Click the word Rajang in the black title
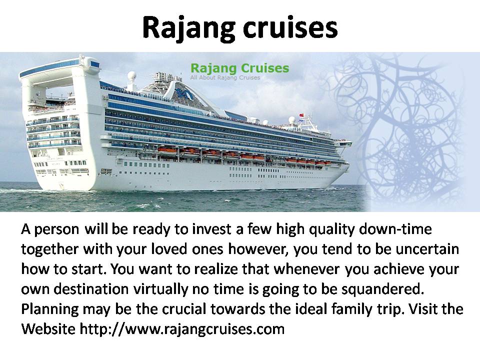coord(188,28)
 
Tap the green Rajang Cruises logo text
coord(239,68)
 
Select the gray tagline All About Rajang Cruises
coord(225,77)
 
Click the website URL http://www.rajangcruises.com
coord(182,329)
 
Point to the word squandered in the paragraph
coord(382,289)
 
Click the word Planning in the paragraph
coord(50,309)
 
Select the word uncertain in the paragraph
coord(427,249)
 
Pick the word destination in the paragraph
coord(91,289)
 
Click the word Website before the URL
coord(48,329)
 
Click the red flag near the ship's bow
coord(301,115)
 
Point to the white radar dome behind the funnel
coord(132,75)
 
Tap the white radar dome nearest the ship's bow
coord(292,120)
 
